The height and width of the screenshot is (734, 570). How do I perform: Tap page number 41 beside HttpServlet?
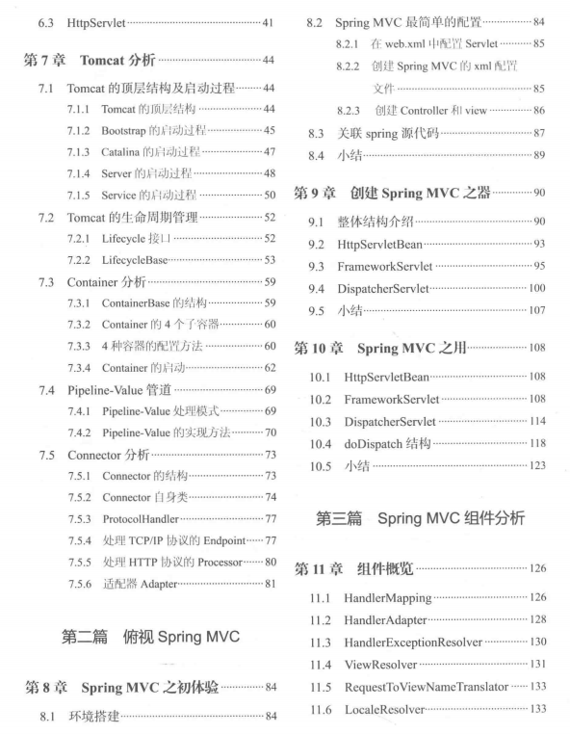(267, 21)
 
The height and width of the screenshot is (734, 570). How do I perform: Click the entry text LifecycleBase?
(138, 259)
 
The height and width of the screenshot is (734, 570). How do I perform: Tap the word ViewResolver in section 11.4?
(381, 664)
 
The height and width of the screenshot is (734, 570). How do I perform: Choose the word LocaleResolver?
(387, 709)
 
